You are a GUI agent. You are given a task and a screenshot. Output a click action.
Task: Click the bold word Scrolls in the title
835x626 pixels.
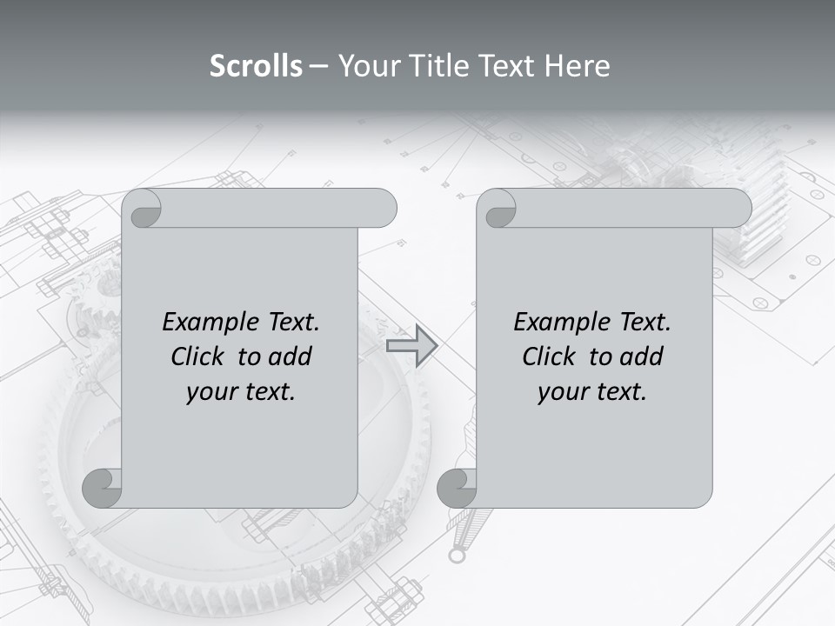click(x=257, y=66)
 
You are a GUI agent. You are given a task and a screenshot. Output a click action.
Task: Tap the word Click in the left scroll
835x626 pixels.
click(x=199, y=356)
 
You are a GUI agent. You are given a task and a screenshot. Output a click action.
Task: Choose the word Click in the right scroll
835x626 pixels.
click(x=550, y=356)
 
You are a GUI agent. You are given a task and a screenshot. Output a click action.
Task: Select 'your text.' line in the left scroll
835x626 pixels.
click(x=241, y=392)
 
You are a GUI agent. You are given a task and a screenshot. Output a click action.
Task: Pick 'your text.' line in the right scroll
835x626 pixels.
click(x=592, y=392)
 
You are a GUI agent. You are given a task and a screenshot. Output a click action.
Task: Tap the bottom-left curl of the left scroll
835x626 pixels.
click(x=103, y=489)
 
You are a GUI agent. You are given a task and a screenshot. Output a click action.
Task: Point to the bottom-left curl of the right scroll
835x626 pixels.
click(x=458, y=489)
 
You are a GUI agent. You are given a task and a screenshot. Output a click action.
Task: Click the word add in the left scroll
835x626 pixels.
click(x=289, y=356)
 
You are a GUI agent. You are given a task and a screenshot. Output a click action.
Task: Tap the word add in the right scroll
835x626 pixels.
click(x=640, y=356)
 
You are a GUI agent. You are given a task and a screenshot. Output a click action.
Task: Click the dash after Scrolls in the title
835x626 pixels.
click(x=318, y=66)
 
